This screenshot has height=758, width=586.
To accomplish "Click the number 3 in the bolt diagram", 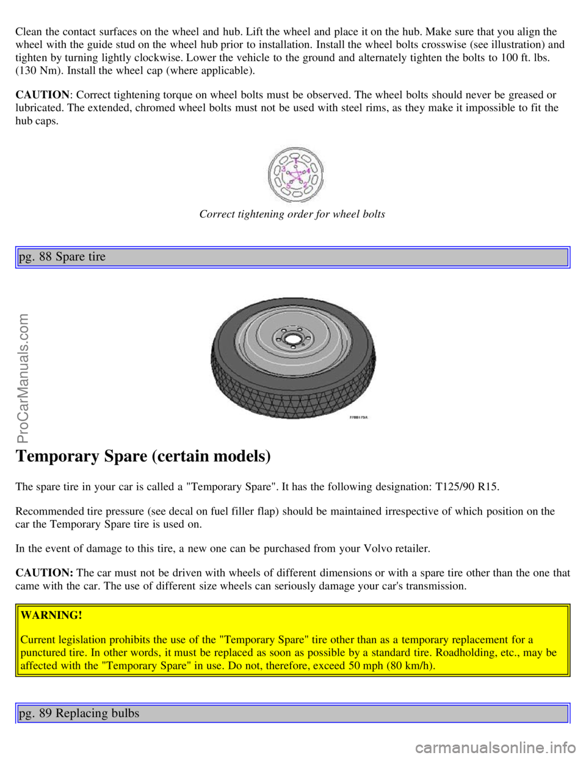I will pyautogui.click(x=283, y=169).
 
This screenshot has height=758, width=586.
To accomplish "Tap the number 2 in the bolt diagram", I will pyautogui.click(x=305, y=184).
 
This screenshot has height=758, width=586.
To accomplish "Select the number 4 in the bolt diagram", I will pyautogui.click(x=309, y=170).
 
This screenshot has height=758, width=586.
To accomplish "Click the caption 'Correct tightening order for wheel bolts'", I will pyautogui.click(x=292, y=214).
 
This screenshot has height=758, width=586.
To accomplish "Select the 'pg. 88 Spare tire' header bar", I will pyautogui.click(x=293, y=257).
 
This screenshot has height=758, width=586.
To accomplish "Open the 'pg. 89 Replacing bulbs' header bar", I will pyautogui.click(x=293, y=713).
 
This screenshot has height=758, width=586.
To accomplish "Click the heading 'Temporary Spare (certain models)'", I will pyautogui.click(x=143, y=456).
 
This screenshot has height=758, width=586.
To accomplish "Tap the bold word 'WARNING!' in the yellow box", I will pyautogui.click(x=51, y=615).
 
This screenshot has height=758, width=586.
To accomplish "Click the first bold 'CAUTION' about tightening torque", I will pyautogui.click(x=42, y=95).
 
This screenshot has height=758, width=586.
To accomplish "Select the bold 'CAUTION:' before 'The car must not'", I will pyautogui.click(x=45, y=572).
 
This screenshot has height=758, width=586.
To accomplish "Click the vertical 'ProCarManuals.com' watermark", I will pyautogui.click(x=24, y=378).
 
